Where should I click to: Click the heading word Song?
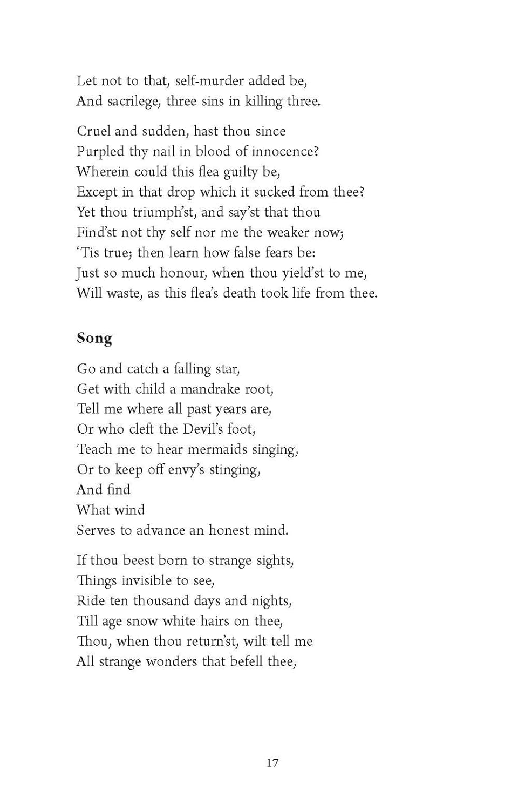pos(94,338)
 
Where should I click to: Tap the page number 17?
pos(272,762)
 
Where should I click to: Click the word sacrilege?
pos(134,102)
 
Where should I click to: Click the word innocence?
pos(284,151)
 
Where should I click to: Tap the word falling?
pos(192,369)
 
